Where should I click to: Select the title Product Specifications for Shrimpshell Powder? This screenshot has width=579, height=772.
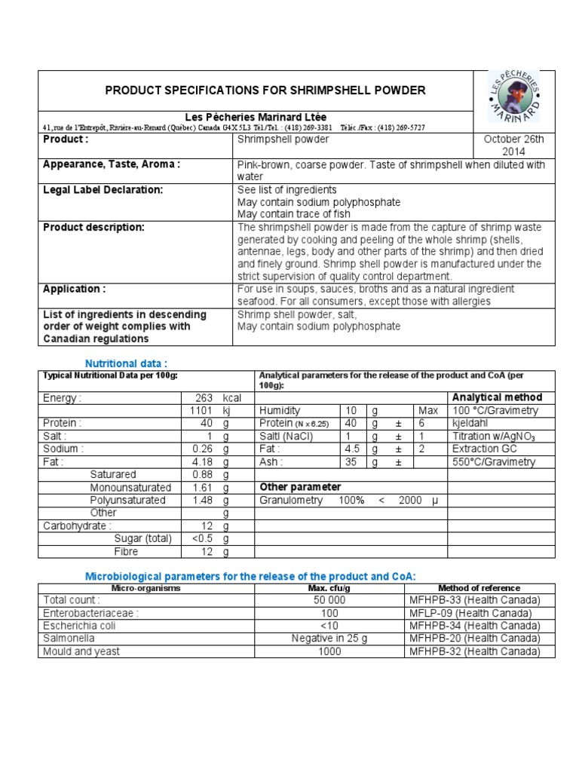(x=265, y=90)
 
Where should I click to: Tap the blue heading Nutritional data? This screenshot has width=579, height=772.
(x=126, y=363)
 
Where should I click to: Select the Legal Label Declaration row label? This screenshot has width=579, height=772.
(x=103, y=190)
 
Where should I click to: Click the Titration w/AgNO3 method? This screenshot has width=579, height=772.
(x=494, y=437)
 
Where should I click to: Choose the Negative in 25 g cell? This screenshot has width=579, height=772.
(x=329, y=639)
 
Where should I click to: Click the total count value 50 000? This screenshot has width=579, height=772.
(x=329, y=600)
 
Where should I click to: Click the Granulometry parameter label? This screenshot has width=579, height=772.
(x=291, y=500)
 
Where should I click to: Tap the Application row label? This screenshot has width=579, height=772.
(x=74, y=289)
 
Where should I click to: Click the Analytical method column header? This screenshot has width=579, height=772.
(x=496, y=397)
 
